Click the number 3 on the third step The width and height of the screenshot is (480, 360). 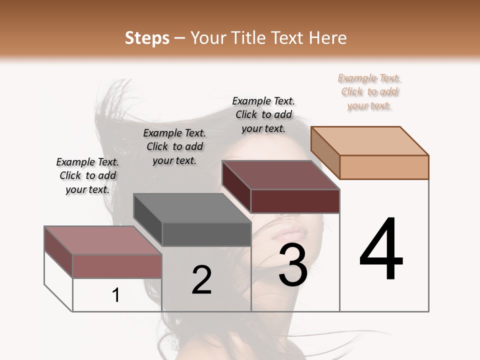(x=292, y=265)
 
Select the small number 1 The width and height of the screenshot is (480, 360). (x=116, y=295)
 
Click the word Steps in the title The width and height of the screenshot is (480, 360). (x=147, y=38)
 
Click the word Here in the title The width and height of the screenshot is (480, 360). (x=328, y=38)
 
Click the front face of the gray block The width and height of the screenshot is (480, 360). (x=206, y=234)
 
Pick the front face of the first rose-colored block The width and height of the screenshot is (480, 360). (x=117, y=265)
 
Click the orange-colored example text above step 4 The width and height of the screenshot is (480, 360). (x=369, y=92)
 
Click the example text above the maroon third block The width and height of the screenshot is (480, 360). (x=263, y=114)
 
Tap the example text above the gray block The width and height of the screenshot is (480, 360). (x=174, y=146)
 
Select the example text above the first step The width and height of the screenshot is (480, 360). (x=87, y=175)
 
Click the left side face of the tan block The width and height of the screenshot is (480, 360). (x=325, y=152)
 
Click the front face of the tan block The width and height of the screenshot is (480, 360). (x=384, y=167)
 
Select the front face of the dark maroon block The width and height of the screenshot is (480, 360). (x=295, y=201)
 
